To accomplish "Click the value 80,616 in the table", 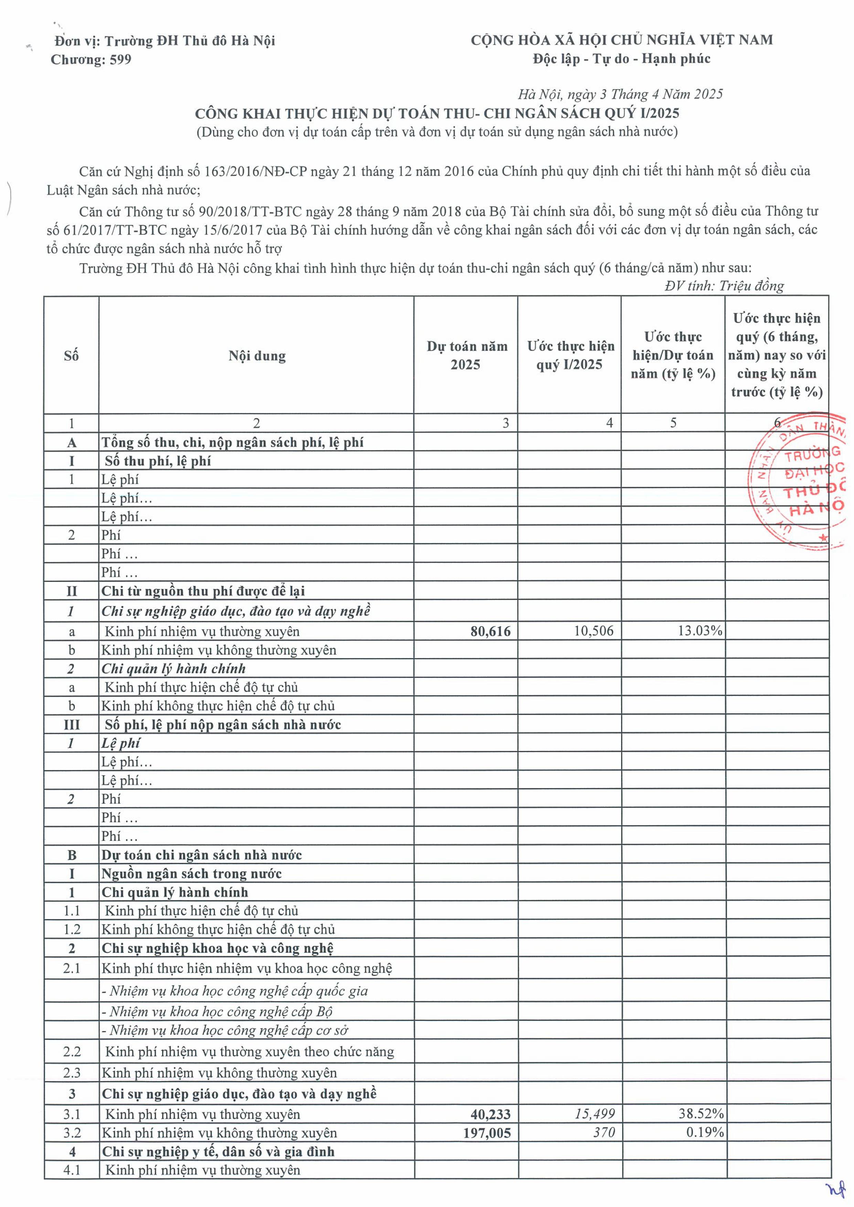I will tap(490, 632).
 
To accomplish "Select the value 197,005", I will tap(487, 1133).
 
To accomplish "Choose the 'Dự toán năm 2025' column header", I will tap(466, 355).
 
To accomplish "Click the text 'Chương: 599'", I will tap(91, 60).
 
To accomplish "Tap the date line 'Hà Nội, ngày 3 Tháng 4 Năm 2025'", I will tap(620, 94).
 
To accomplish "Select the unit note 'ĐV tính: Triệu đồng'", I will tap(724, 286).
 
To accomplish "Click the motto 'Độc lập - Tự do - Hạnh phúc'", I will tap(621, 59).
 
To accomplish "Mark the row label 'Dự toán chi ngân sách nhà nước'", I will tap(202, 855).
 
